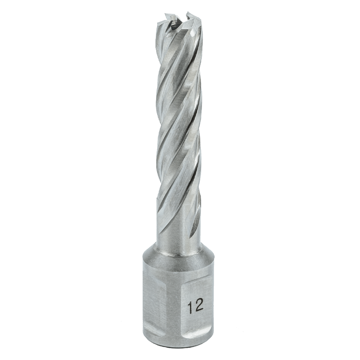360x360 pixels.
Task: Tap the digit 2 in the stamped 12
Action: [x=199, y=306]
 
